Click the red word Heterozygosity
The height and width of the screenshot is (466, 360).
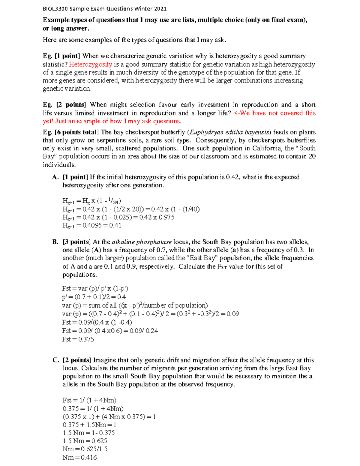point(90,64)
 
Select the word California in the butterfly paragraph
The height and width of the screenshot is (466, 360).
point(267,148)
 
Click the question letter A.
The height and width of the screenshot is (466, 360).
point(55,177)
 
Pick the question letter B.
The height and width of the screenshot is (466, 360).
point(55,242)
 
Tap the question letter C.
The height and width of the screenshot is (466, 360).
point(55,360)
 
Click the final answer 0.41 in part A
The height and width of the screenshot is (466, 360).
point(115,225)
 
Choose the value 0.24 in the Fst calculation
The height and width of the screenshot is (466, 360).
point(151,331)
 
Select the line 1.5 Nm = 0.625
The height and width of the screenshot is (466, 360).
point(85,441)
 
